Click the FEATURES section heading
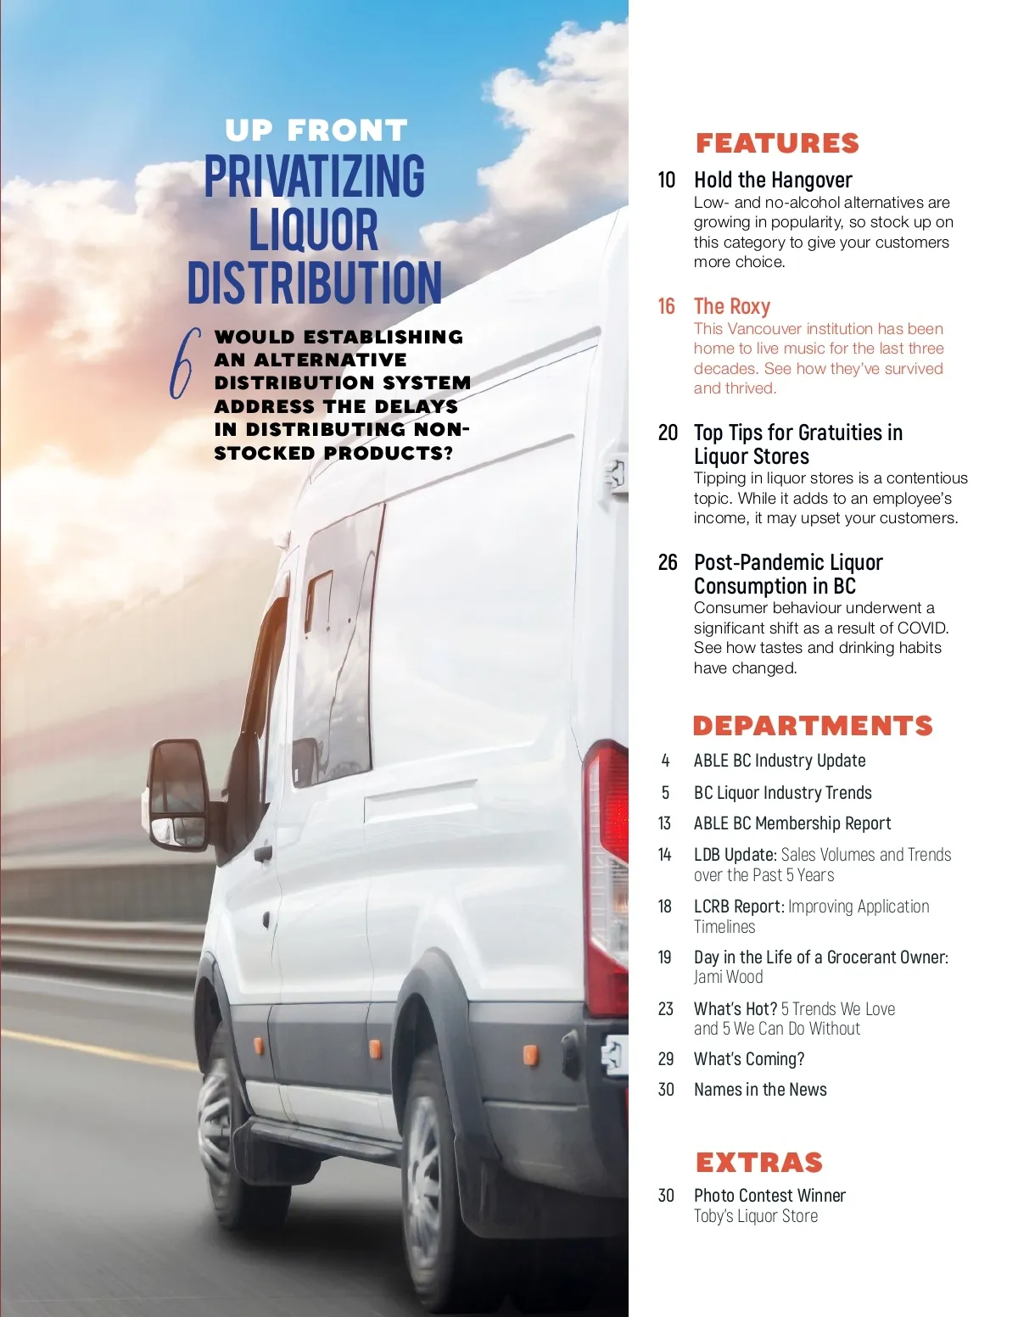tap(777, 143)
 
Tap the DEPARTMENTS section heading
tap(813, 726)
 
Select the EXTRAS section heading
tap(759, 1162)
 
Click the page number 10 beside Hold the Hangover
tap(667, 180)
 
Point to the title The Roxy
tap(732, 306)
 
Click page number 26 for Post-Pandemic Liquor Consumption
tap(668, 562)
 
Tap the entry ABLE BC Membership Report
tap(792, 823)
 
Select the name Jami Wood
tap(728, 977)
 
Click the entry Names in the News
tap(760, 1090)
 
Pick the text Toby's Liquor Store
tap(756, 1216)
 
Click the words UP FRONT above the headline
tap(316, 131)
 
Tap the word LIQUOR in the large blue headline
tap(314, 230)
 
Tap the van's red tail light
tap(607, 873)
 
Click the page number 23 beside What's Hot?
tap(666, 1009)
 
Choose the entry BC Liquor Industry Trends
tap(782, 793)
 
